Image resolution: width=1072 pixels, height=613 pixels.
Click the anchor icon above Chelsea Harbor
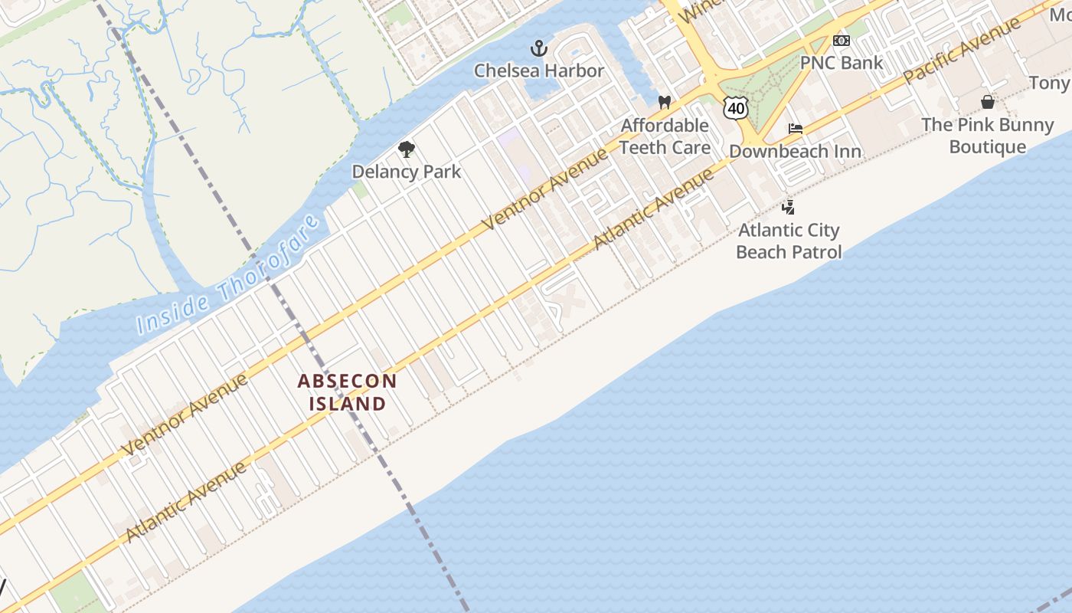540,48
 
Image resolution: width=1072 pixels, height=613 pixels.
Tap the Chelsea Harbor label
539,70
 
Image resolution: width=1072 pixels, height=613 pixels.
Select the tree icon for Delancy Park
407,149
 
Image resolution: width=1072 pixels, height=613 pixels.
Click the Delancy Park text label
407,171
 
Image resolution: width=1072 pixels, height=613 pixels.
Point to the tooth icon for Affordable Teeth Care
665,103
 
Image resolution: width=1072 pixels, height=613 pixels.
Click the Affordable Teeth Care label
665,136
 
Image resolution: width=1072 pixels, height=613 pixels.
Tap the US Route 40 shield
736,108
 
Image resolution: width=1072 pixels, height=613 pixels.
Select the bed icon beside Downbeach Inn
796,129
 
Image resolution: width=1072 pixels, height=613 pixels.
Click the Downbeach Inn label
795,151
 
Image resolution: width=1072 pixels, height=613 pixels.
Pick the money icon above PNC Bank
842,41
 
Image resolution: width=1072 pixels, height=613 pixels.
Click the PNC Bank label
842,62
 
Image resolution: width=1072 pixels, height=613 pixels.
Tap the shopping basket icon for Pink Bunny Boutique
988,102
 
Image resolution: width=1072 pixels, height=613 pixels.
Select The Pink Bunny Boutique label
988,135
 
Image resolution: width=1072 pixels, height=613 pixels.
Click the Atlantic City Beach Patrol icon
788,207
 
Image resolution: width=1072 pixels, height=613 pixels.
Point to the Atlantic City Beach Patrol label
788,241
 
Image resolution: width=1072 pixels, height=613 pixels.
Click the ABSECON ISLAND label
347,392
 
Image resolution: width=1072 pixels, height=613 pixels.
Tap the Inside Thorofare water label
227,276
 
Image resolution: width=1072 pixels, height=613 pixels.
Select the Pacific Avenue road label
963,51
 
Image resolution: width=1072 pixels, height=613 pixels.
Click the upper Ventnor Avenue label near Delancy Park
546,189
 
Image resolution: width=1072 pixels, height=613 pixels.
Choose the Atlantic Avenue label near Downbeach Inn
654,208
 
